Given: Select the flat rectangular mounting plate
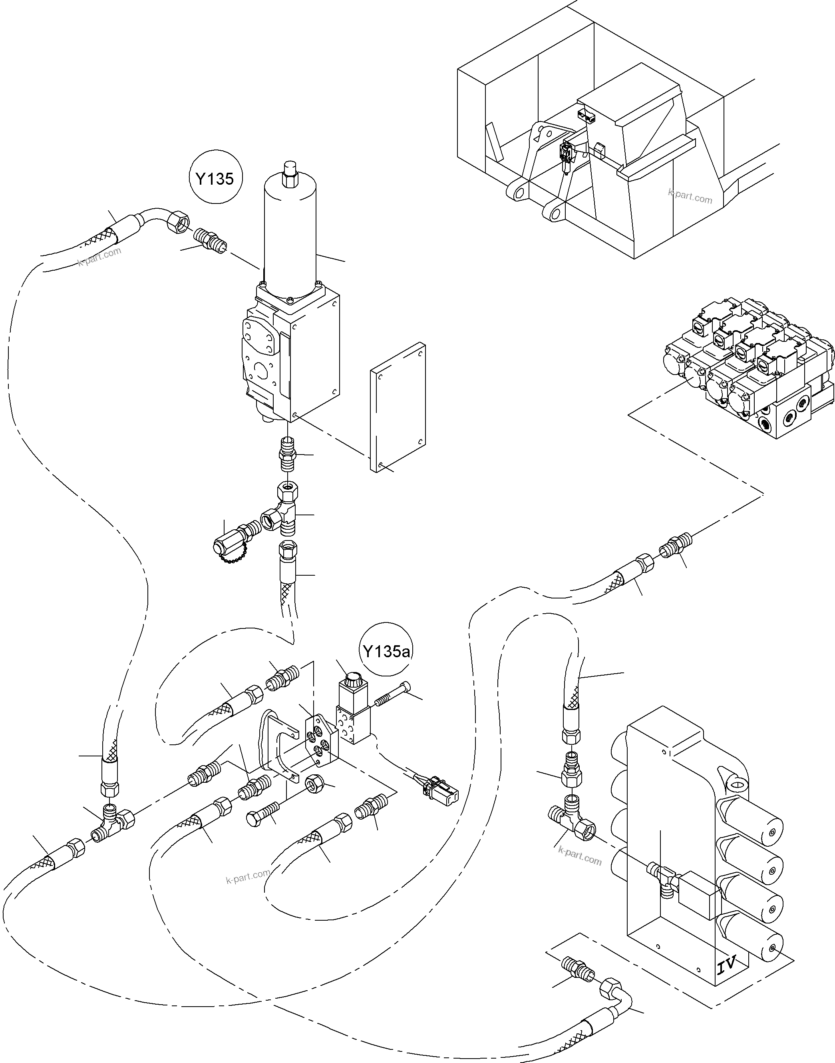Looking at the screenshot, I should click(398, 407).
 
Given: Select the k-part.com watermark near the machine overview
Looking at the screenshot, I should click(690, 197).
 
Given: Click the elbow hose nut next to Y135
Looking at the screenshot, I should click(177, 223).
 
